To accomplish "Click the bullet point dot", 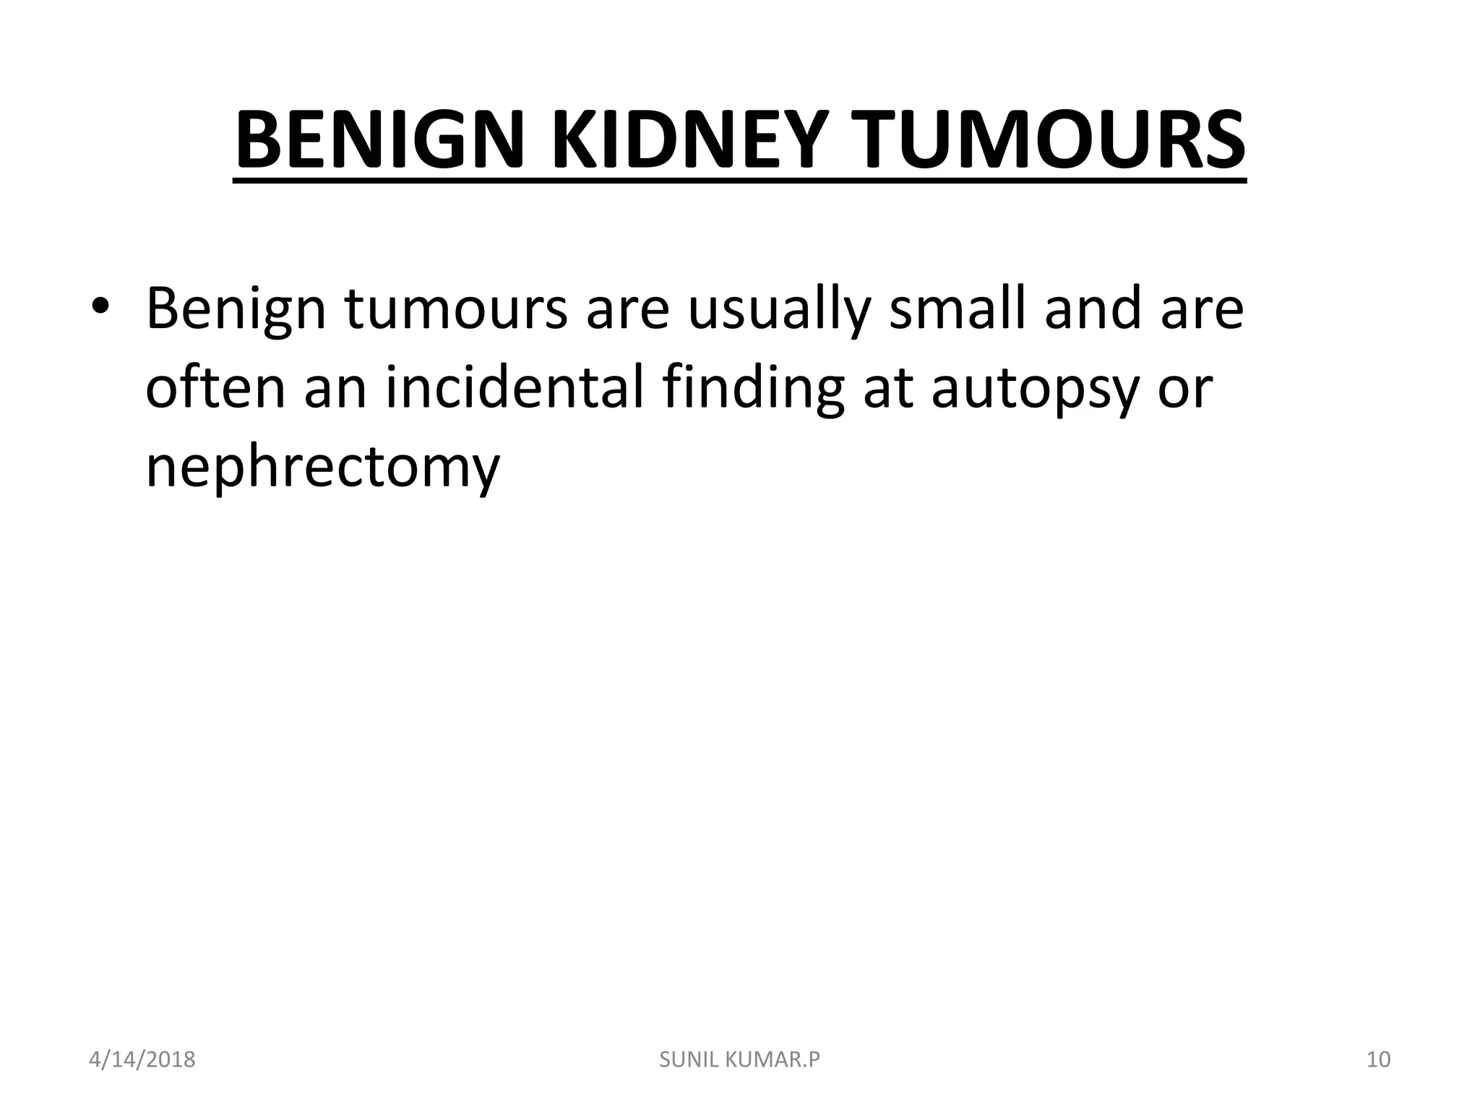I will click(x=100, y=307).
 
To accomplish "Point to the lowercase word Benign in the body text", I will click(x=236, y=310).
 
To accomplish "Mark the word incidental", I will click(x=515, y=387).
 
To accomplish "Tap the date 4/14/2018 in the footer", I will click(x=142, y=1060).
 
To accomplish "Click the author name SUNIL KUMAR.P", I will click(x=740, y=1060).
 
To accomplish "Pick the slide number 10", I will click(x=1378, y=1060).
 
